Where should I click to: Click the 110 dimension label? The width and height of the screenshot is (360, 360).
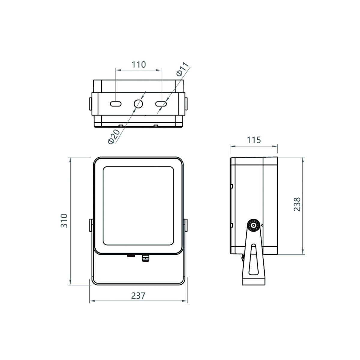coord(139,64)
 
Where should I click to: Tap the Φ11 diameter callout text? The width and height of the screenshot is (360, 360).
coord(183,69)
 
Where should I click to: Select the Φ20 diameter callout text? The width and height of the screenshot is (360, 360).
coord(114,136)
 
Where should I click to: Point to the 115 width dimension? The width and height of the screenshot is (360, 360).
coord(254,140)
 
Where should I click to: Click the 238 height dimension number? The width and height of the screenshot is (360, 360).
coord(297,204)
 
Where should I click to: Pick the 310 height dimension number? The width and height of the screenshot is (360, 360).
coord(64,220)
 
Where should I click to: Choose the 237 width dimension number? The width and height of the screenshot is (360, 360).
coord(138,296)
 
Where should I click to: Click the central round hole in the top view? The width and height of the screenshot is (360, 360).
coord(138,104)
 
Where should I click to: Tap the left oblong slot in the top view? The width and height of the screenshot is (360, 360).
coord(115,104)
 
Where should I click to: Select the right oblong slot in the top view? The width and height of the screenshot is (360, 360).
coord(161,104)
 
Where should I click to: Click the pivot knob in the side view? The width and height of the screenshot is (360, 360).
coord(253,225)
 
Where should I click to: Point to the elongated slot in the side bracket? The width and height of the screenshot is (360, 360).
coord(253,259)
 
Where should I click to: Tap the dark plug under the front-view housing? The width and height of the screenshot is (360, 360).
coord(131,256)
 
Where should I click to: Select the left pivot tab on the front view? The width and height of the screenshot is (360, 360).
coord(91,225)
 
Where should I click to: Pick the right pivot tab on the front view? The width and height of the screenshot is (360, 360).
coord(185,225)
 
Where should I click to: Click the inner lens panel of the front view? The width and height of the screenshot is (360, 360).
coord(138,206)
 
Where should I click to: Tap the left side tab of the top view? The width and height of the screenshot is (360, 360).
coord(90,104)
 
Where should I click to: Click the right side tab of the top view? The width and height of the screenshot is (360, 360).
coord(186,104)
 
